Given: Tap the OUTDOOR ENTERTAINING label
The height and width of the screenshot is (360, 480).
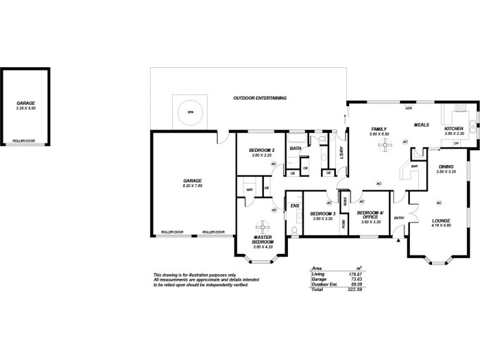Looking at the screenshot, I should [x=260, y=98].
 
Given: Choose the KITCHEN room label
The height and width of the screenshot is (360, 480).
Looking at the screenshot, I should [x=454, y=129].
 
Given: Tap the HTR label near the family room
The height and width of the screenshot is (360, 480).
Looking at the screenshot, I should [x=408, y=109].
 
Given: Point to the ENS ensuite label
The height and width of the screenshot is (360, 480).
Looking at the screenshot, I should [x=294, y=206].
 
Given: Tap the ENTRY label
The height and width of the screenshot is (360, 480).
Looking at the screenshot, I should [x=399, y=217].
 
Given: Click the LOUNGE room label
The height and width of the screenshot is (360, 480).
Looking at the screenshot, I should [x=441, y=221].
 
